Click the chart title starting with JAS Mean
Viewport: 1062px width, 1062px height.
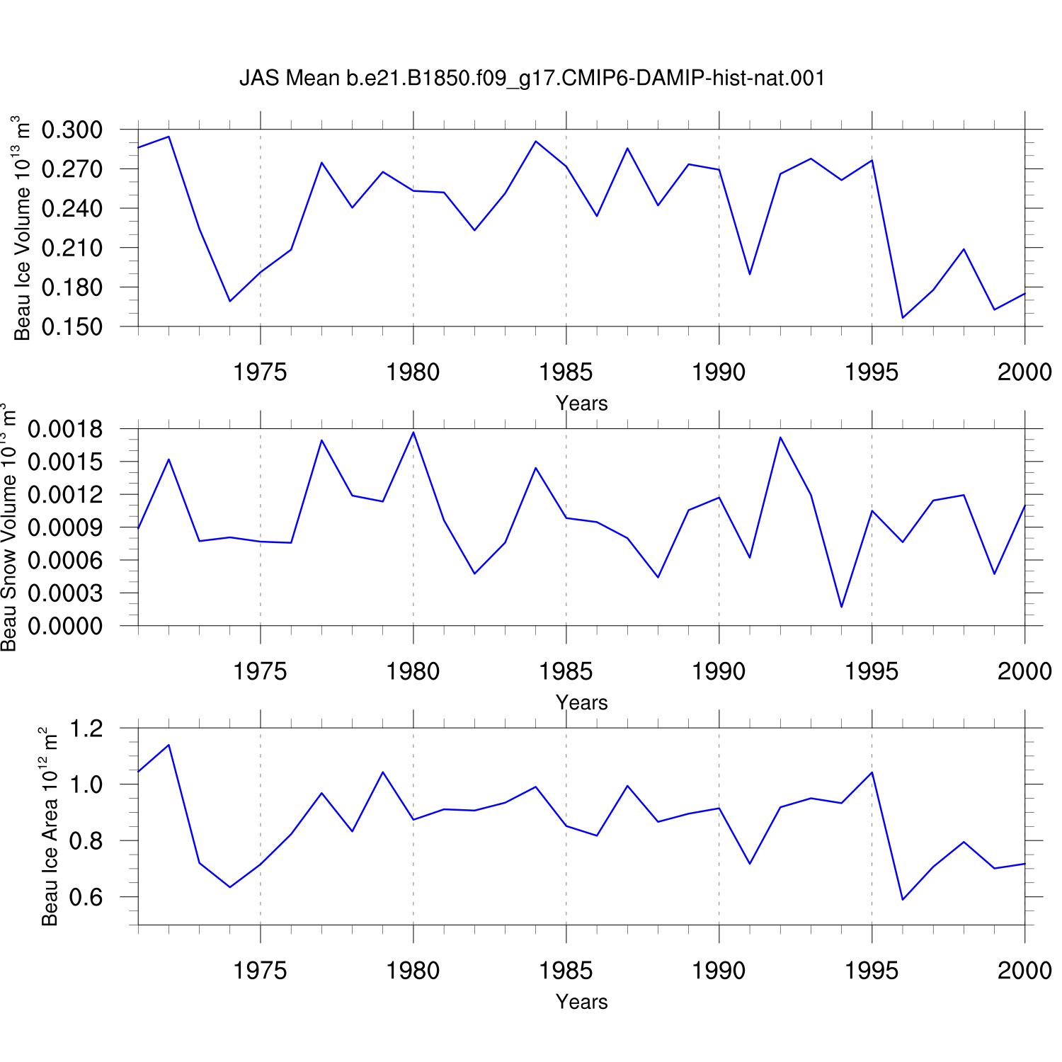(532, 78)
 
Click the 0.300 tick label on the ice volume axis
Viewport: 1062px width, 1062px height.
(72, 130)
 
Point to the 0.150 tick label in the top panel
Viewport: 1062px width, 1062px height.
(72, 327)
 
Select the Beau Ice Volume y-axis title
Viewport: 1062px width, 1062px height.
(22, 228)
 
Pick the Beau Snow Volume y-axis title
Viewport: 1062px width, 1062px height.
(8, 527)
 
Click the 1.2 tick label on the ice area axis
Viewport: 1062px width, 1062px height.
(86, 729)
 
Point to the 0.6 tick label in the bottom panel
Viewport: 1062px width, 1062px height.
(86, 897)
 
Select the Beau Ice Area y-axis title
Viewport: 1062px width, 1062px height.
(49, 826)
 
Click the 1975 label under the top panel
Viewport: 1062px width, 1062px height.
(260, 372)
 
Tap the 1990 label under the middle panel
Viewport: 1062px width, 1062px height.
(719, 671)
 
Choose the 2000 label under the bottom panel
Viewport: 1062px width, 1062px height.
(1024, 971)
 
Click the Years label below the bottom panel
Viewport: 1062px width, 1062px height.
(582, 1002)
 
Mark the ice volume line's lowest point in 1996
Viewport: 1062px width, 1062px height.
(903, 318)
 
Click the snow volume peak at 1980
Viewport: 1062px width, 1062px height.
(413, 432)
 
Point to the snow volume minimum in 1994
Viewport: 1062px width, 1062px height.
(842, 607)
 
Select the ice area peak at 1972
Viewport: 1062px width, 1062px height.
(169, 745)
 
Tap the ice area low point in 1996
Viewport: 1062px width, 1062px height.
(903, 900)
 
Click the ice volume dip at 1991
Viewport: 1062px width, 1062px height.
(750, 275)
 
